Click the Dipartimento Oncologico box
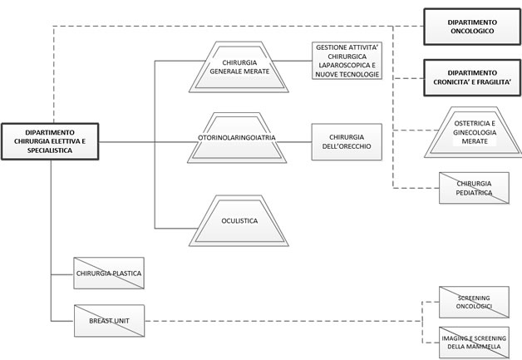[472, 27]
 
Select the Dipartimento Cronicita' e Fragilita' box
[472, 77]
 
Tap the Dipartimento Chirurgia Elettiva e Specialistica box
[50, 141]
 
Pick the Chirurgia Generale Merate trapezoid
[239, 67]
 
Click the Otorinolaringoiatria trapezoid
[237, 137]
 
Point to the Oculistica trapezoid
[239, 221]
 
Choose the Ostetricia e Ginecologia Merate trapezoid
[474, 132]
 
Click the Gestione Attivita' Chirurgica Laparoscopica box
[347, 61]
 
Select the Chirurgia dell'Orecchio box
[347, 142]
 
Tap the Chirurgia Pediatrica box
[474, 188]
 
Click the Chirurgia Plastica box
[109, 273]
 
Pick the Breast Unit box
[109, 321]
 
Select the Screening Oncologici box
[474, 302]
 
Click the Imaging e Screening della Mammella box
[474, 343]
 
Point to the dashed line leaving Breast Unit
[283, 321]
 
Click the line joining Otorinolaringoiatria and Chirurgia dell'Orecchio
[294, 142]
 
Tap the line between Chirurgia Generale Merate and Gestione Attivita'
[292, 61]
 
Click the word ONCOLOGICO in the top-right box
[472, 31]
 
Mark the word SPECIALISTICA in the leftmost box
[50, 150]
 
